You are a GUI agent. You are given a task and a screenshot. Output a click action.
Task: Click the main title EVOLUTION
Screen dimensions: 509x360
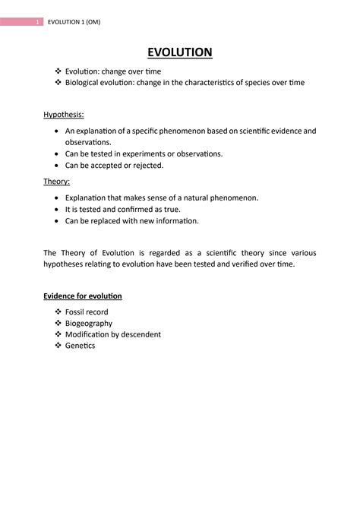[179, 52]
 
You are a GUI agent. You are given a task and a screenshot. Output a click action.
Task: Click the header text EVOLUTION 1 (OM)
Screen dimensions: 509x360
[74, 22]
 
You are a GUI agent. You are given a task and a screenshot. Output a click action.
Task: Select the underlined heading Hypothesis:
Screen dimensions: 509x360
[64, 114]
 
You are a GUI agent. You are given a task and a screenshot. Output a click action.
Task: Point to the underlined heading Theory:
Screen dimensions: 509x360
[57, 182]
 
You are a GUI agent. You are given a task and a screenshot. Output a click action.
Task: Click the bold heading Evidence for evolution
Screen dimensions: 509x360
[83, 296]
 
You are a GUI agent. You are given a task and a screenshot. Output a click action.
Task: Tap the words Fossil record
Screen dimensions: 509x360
[87, 312]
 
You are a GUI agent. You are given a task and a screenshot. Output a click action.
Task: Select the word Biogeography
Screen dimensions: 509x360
[89, 323]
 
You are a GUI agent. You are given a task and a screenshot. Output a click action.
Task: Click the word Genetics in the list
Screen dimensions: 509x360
[81, 345]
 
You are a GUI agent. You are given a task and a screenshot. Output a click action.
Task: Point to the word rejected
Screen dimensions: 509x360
[147, 165]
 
